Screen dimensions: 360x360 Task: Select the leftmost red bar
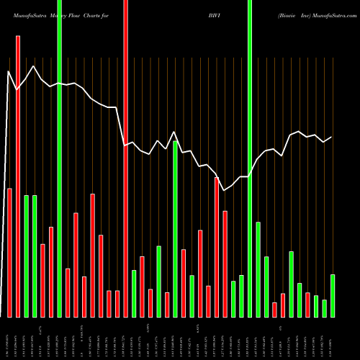(x=10, y=252)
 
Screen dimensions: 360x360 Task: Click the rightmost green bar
(x=333, y=295)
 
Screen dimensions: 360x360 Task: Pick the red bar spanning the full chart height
(x=126, y=158)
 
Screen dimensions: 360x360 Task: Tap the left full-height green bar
(x=60, y=158)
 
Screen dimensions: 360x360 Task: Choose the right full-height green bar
(x=250, y=158)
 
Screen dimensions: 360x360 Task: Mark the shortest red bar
(x=274, y=310)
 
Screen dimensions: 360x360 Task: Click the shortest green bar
(x=325, y=308)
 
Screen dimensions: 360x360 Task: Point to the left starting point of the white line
(x=9, y=71)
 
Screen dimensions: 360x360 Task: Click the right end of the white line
(x=331, y=137)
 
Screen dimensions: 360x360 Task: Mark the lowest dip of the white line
(x=225, y=190)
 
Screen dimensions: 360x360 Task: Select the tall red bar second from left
(x=18, y=176)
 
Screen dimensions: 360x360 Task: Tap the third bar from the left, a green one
(x=27, y=256)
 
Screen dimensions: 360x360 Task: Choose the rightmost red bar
(x=307, y=305)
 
